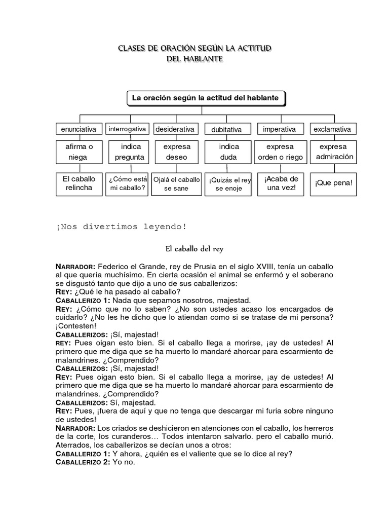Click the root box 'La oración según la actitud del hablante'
(x=205, y=98)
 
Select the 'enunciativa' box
(x=78, y=129)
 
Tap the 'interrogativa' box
(x=128, y=129)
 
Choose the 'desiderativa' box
(x=175, y=129)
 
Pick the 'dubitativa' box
(x=226, y=130)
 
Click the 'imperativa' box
(x=279, y=129)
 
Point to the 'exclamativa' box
(x=332, y=129)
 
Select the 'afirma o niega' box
(x=78, y=152)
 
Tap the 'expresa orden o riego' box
(x=280, y=152)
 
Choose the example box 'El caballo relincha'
(x=78, y=183)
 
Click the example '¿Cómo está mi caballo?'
(x=128, y=183)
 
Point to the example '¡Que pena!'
(x=333, y=183)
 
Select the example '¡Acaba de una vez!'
(x=280, y=183)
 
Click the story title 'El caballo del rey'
(x=194, y=249)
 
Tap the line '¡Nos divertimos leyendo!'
(x=118, y=227)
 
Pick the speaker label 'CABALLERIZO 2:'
(x=83, y=462)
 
